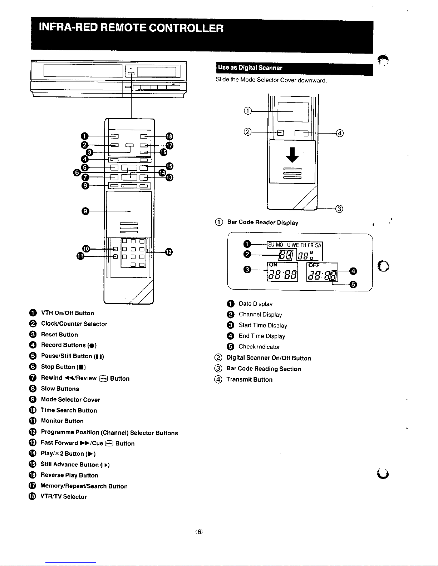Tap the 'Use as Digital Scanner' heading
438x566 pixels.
click(250, 68)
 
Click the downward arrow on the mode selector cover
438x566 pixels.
click(292, 155)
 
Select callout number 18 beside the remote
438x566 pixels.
click(169, 136)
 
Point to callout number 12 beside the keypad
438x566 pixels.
click(169, 252)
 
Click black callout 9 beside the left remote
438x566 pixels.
click(85, 211)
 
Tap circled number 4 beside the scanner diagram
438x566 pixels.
click(339, 133)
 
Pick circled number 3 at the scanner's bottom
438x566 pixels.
click(339, 209)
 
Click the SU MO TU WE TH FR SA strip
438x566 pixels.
click(295, 245)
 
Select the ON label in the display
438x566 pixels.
click(273, 265)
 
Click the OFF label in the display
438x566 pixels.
click(314, 265)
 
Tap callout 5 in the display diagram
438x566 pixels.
click(353, 285)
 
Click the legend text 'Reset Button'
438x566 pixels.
click(59, 335)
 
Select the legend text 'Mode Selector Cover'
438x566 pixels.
click(70, 400)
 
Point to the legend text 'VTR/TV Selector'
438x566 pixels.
click(64, 496)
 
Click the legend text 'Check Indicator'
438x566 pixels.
click(259, 347)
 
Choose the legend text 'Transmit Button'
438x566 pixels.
click(249, 380)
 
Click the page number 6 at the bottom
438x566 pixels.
click(199, 532)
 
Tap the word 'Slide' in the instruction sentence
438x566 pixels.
click(222, 79)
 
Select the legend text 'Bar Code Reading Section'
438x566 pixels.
click(264, 369)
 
